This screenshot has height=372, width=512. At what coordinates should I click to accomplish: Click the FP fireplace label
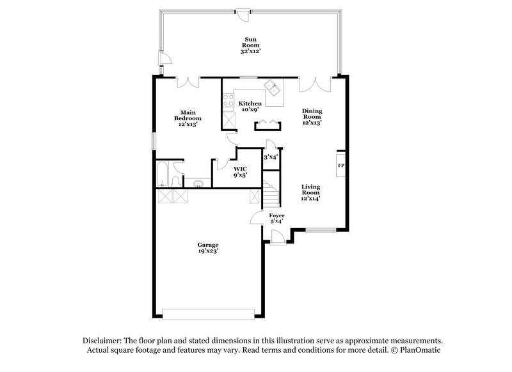pos(340,165)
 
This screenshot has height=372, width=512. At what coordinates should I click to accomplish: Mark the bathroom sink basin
pos(200,185)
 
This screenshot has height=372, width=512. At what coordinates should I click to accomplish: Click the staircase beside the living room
pos(271,190)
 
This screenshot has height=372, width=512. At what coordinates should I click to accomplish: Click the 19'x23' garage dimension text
pos(208,251)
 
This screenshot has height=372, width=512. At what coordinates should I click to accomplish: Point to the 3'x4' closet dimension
pos(271,157)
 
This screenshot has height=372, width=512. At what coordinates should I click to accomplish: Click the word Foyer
pos(276,216)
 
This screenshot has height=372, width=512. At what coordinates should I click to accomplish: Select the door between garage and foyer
pos(257,219)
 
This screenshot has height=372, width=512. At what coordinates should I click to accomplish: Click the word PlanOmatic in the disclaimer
pos(420,350)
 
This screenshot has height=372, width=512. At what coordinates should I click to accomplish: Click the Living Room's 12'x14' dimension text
pos(311,198)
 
